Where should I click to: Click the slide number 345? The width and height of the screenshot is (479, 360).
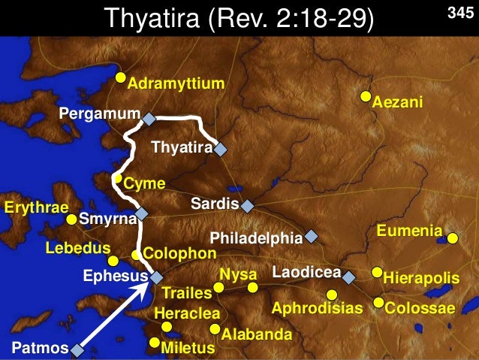click(459, 14)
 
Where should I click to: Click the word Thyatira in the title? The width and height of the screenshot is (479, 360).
click(155, 19)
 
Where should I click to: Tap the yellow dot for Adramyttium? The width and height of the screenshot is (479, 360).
click(120, 78)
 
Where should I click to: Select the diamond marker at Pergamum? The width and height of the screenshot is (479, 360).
click(149, 119)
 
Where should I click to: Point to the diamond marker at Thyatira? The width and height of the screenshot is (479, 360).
click(220, 149)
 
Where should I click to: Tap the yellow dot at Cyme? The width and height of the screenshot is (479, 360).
click(117, 179)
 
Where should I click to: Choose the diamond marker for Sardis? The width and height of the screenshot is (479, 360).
click(247, 204)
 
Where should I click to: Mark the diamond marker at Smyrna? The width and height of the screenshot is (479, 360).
click(141, 213)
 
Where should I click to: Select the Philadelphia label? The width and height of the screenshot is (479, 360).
click(255, 238)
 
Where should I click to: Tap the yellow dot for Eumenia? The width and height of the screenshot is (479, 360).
click(453, 239)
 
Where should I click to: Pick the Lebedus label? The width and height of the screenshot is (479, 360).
click(77, 248)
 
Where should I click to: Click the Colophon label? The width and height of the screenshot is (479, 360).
click(179, 254)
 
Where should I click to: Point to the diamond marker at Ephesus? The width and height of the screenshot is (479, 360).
click(156, 277)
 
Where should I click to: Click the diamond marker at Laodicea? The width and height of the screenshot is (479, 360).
click(348, 277)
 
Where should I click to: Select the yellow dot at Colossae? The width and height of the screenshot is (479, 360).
click(378, 304)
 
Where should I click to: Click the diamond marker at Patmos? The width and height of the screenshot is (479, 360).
click(77, 348)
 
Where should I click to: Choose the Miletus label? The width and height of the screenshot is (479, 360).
click(188, 348)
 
